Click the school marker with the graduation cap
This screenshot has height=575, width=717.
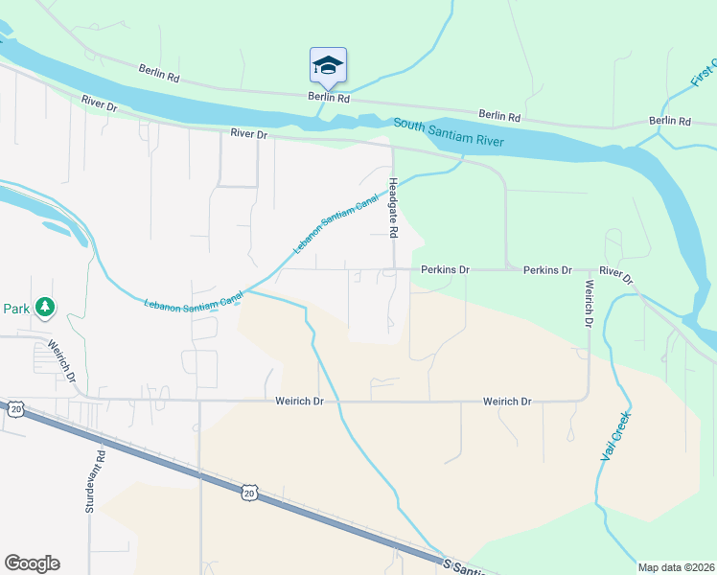(x=328, y=65)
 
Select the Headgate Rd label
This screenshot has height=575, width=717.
(x=393, y=207)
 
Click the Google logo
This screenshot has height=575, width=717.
(x=32, y=563)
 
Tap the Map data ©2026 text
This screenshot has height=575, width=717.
(x=677, y=567)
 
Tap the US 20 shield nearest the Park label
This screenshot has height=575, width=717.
(x=15, y=409)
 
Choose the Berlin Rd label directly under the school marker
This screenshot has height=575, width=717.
(x=328, y=98)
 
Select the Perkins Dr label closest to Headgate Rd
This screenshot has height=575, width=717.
(x=444, y=270)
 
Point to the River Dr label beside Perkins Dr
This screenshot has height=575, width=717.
(x=617, y=275)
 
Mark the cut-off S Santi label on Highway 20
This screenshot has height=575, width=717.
(x=466, y=567)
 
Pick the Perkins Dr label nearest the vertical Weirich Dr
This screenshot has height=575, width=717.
(x=547, y=270)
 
